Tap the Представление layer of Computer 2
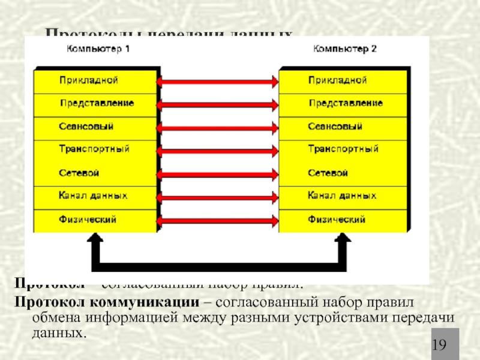click(345, 103)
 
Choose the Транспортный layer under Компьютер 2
click(343, 149)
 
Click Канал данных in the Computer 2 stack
click(341, 196)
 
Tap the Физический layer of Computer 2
click(337, 219)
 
